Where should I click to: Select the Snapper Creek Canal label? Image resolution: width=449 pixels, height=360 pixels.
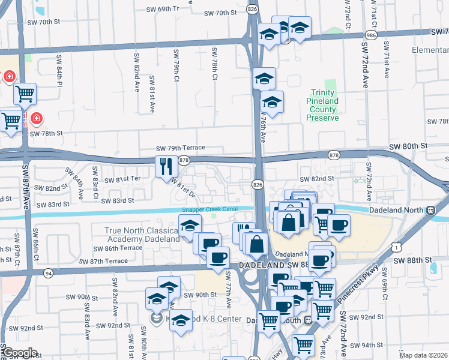click(x=210, y=209)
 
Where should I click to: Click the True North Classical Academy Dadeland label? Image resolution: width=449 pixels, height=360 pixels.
click(x=142, y=235)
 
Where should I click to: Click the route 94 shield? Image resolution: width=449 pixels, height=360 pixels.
click(x=48, y=273)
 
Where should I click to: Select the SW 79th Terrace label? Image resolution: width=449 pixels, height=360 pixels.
click(x=180, y=148)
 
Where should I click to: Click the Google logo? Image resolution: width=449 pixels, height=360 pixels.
click(x=19, y=353)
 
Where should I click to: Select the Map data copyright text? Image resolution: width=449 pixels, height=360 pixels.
click(x=424, y=355)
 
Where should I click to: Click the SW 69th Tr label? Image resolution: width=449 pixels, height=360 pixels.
click(x=163, y=10)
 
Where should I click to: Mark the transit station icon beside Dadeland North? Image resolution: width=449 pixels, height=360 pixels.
click(x=430, y=211)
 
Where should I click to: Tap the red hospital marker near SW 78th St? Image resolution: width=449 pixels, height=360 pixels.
click(x=36, y=119)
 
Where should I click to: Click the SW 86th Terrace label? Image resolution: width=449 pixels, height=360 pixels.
click(x=124, y=248)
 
